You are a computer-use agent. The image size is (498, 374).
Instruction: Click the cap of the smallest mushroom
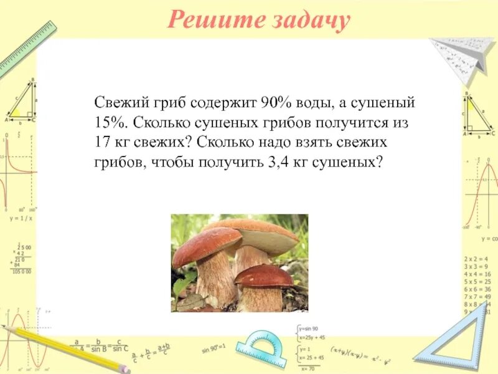click(264, 275)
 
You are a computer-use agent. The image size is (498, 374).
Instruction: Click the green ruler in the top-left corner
click(28, 47)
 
